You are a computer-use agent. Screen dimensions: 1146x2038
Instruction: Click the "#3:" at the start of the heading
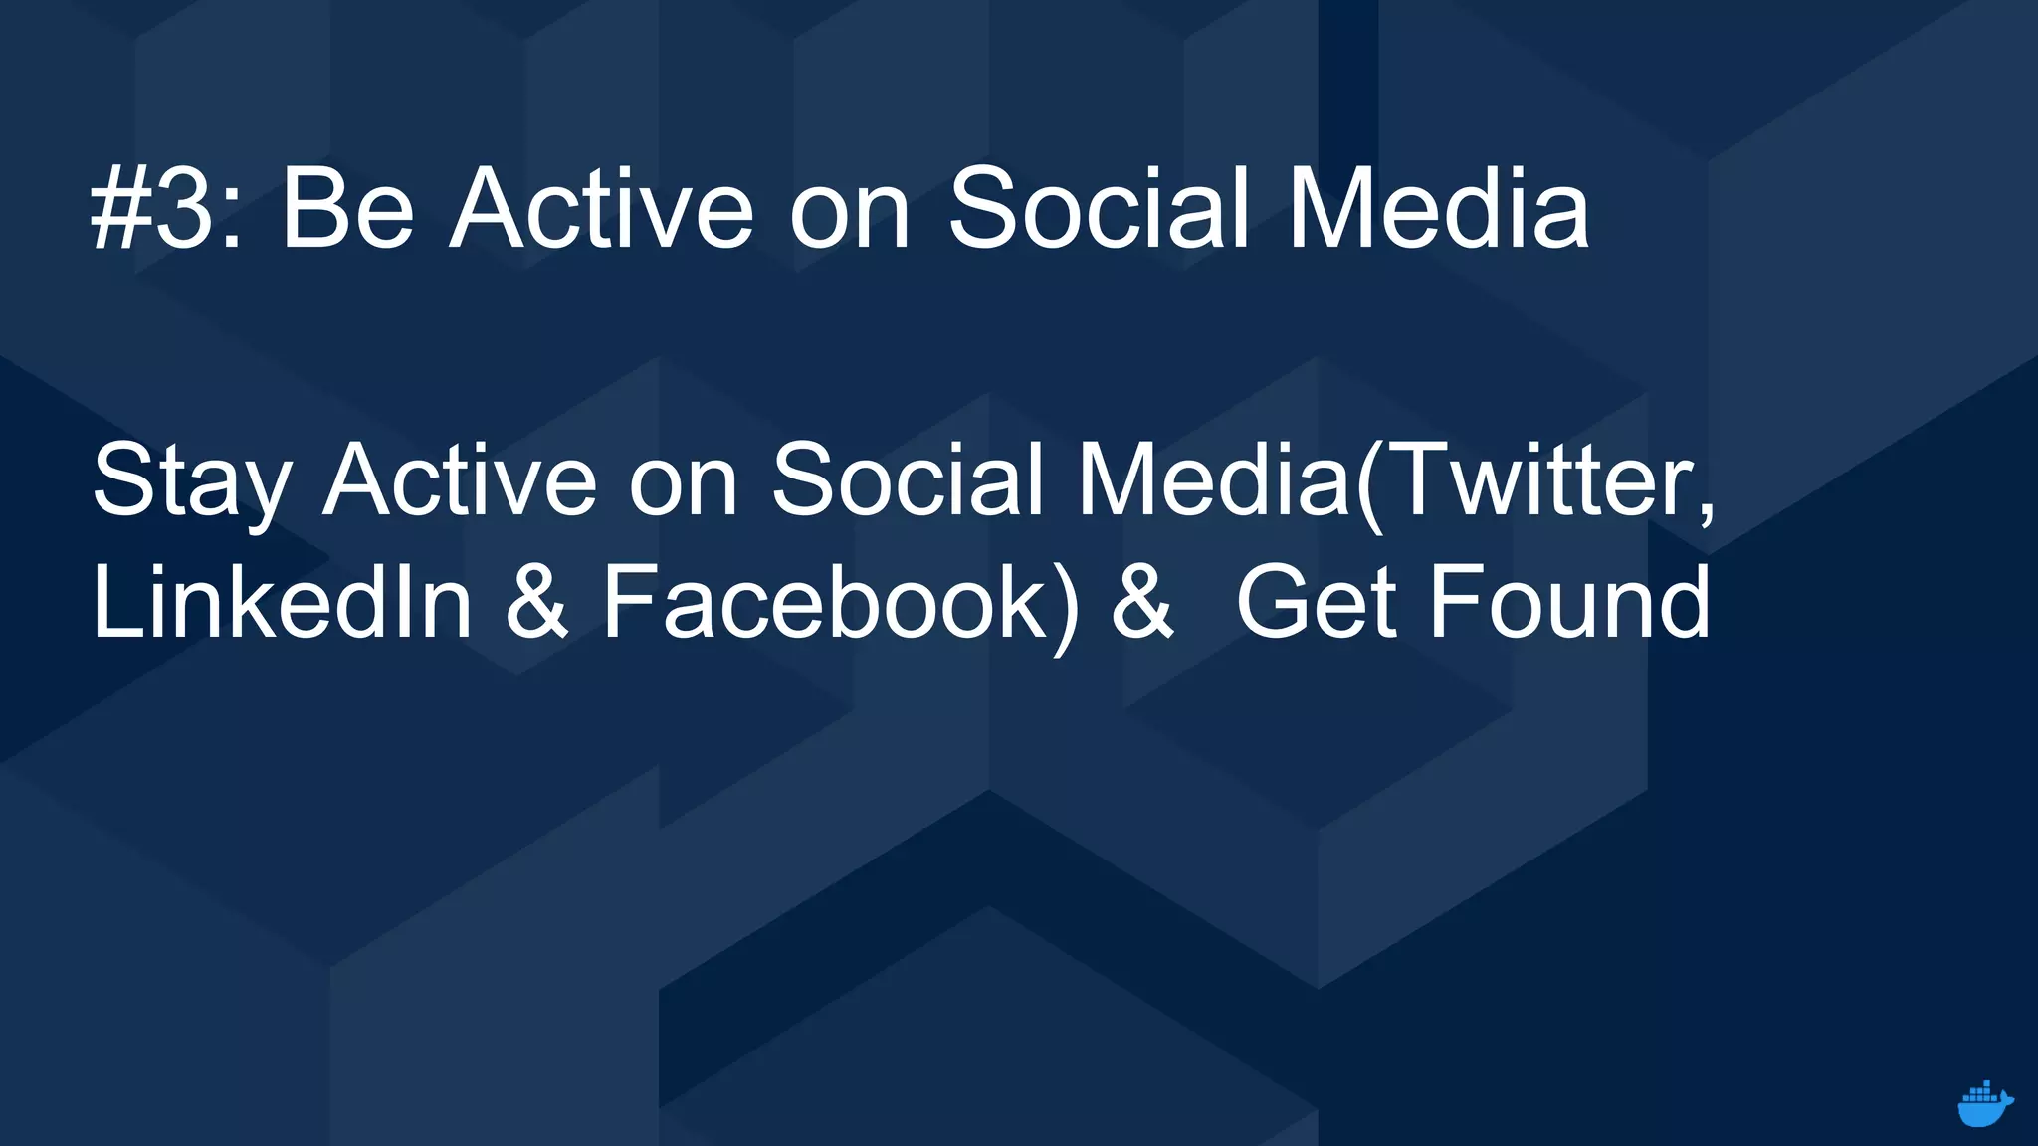click(x=165, y=208)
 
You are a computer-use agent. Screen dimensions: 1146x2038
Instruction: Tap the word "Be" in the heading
click(x=347, y=208)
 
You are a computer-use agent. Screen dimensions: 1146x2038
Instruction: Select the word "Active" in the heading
click(x=601, y=208)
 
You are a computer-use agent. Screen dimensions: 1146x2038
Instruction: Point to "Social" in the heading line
click(x=1098, y=208)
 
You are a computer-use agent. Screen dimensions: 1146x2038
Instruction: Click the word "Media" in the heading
click(x=1439, y=208)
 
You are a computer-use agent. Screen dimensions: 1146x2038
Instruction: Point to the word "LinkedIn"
click(x=282, y=602)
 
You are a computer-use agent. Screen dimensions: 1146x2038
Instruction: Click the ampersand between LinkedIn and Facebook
click(x=537, y=603)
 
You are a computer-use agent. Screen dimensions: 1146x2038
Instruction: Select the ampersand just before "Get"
click(x=1140, y=603)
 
